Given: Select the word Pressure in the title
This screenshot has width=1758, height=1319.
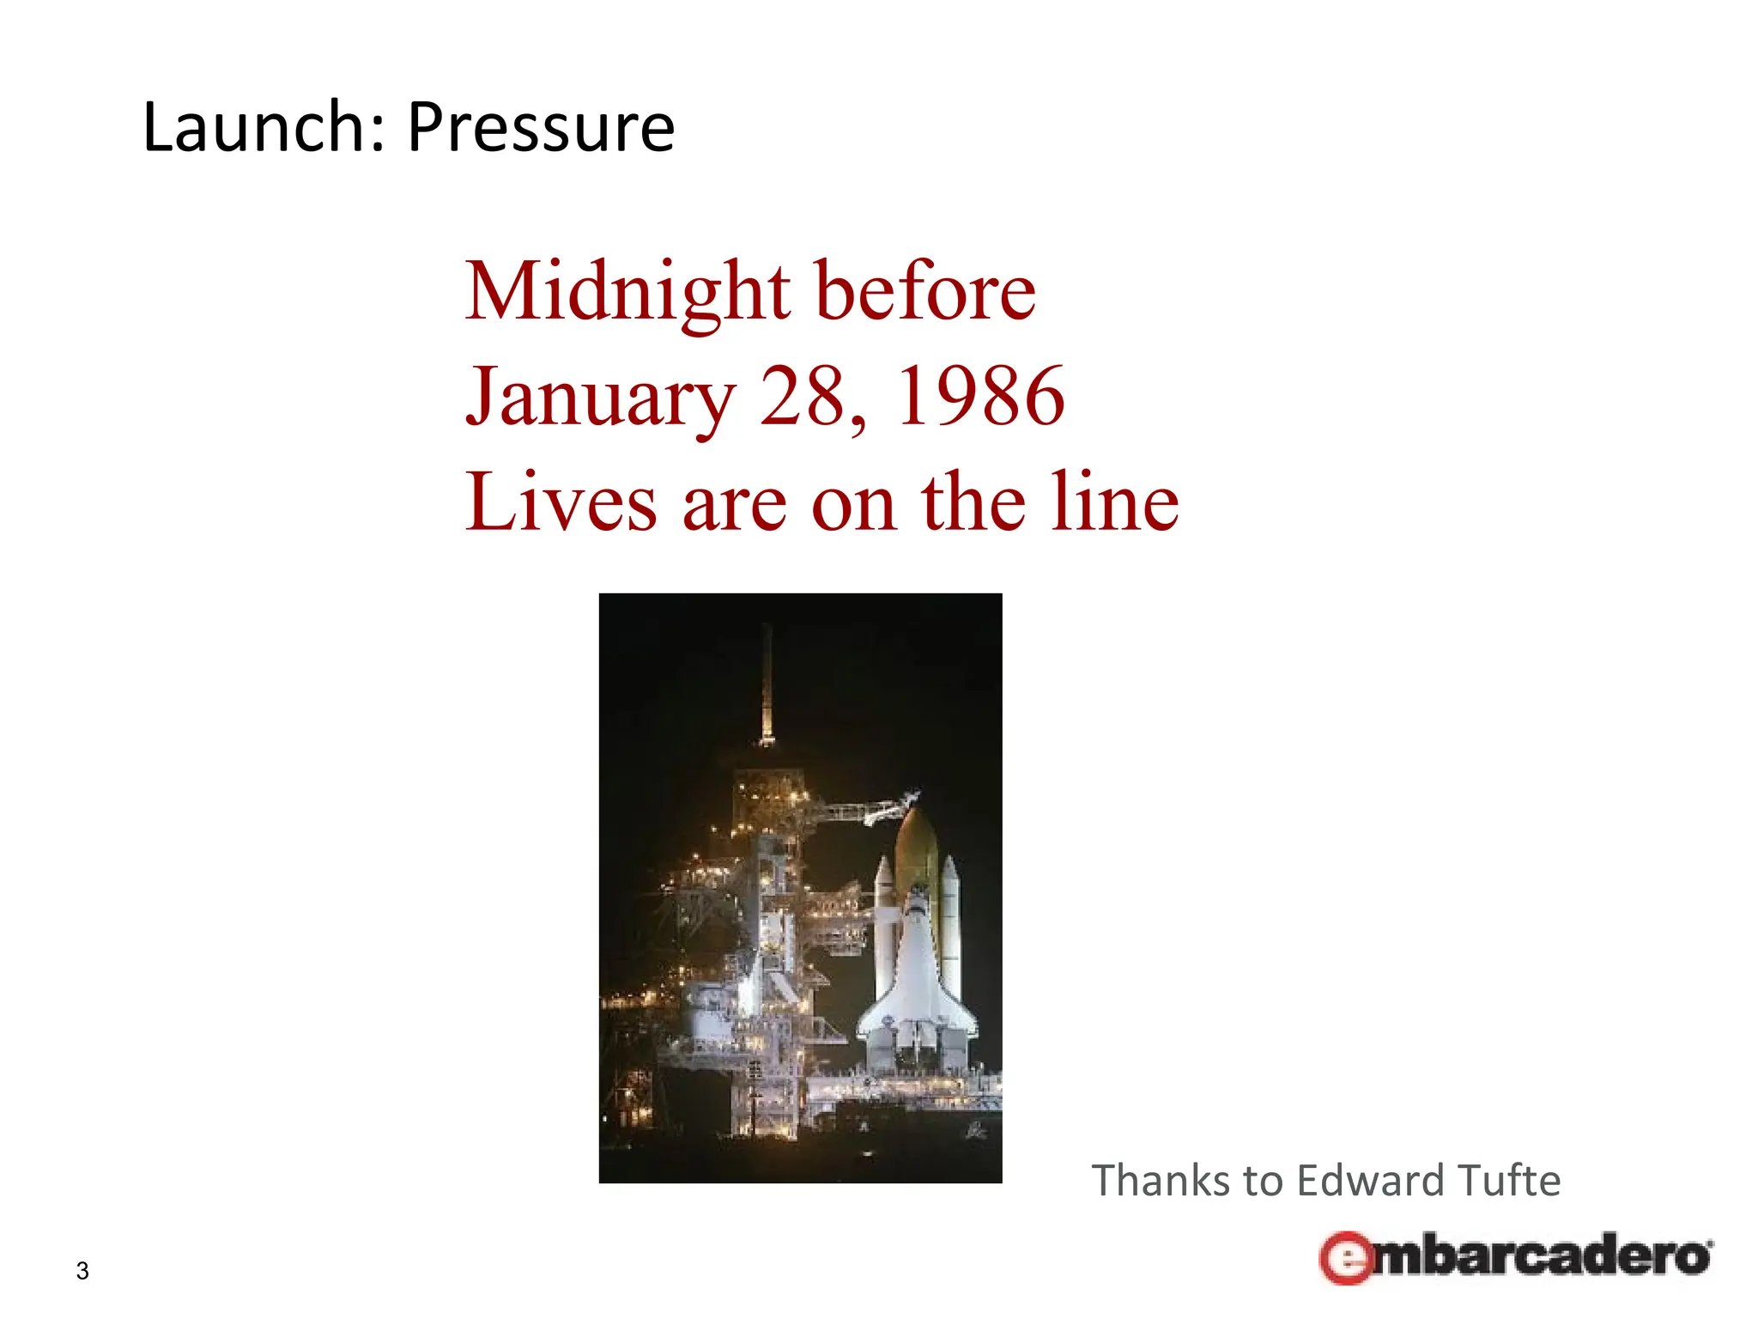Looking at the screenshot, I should tap(541, 129).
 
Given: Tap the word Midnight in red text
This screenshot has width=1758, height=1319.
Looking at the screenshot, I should tap(627, 293).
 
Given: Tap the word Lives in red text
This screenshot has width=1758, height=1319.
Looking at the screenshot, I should tap(561, 502).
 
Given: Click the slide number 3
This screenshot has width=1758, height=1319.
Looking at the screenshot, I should tap(82, 1271).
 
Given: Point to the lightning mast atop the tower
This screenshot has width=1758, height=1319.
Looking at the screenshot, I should tap(767, 687).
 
